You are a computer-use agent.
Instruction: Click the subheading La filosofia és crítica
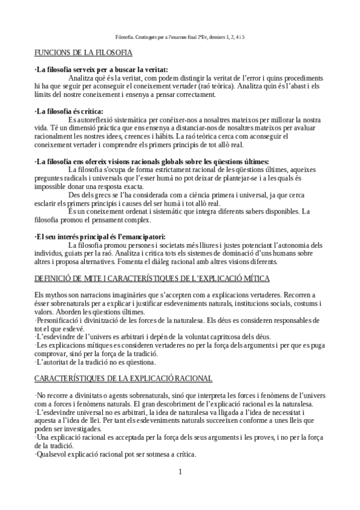pos(69,111)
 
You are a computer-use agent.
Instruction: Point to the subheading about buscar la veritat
pos(101,70)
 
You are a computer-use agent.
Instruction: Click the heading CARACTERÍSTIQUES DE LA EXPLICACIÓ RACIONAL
pos(123,378)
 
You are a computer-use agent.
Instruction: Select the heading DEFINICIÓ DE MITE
pos(152,279)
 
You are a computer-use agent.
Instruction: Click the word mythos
pos(56,295)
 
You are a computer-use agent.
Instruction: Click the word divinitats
pos(88,395)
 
